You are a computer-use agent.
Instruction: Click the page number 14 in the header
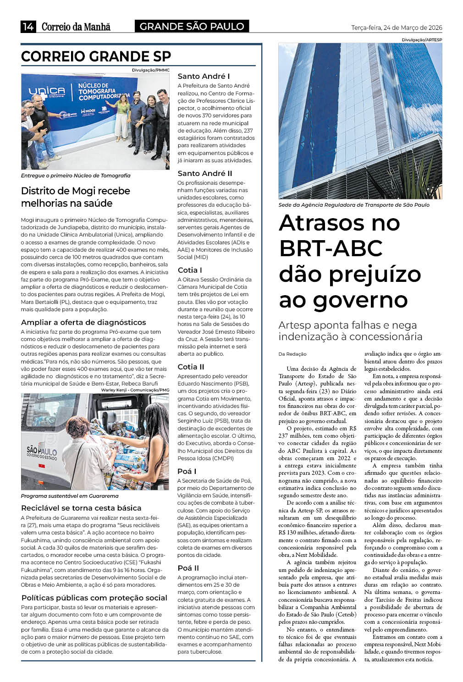point(28,27)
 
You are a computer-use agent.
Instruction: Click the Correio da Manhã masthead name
point(76,27)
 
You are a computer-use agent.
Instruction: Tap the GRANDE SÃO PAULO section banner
point(192,27)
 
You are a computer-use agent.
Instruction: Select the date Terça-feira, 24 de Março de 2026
point(397,27)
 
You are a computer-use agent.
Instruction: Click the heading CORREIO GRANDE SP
point(96,56)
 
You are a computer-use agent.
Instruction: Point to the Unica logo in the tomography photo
point(47,92)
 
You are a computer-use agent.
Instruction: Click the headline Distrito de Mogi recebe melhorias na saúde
point(76,197)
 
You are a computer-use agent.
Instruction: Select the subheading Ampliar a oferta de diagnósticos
point(83,322)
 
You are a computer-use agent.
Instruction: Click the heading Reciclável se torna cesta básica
point(81,508)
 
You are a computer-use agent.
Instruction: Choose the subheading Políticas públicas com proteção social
point(94,598)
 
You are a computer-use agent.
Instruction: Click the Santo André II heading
point(205,173)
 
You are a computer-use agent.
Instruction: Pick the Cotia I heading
point(190,270)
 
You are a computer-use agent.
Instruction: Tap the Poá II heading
point(188,568)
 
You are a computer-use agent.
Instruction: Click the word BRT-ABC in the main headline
point(331,248)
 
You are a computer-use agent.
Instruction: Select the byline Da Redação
point(292,354)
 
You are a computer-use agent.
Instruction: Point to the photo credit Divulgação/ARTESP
point(422,40)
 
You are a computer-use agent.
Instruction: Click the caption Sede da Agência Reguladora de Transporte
point(353,205)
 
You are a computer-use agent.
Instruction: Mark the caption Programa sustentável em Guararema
point(70,496)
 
